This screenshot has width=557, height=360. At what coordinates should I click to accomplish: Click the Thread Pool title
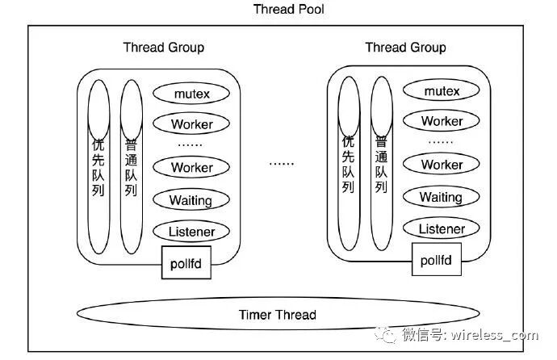(x=288, y=9)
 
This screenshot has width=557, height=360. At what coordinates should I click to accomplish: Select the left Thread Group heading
(x=164, y=48)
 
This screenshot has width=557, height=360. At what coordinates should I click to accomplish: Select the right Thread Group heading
(x=406, y=48)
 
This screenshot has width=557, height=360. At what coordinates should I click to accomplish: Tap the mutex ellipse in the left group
(x=191, y=94)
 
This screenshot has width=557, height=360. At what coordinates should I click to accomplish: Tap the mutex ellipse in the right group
(x=442, y=91)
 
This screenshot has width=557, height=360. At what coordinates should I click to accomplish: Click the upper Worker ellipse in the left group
(x=191, y=124)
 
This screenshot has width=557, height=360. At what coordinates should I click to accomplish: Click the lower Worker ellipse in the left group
(x=191, y=167)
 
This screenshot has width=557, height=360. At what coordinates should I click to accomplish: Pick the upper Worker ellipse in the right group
(x=442, y=121)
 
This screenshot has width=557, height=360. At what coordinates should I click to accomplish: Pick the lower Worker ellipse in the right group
(x=442, y=165)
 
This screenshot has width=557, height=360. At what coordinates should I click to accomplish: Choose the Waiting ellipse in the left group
(x=191, y=200)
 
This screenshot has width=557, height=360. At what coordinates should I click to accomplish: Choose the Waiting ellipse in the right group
(x=442, y=197)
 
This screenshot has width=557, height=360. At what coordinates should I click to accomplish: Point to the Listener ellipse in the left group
(x=191, y=232)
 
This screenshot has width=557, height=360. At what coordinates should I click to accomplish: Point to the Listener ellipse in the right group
(x=442, y=228)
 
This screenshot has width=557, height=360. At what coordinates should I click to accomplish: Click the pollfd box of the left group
(x=186, y=262)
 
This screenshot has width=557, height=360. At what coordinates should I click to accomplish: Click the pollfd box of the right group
(x=437, y=260)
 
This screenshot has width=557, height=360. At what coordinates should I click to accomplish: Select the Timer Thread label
(x=278, y=315)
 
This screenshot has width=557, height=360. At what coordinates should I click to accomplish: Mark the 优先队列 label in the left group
(x=98, y=167)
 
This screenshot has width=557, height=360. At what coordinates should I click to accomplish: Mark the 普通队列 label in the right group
(x=381, y=165)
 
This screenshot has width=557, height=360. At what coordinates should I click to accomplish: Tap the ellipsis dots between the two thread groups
(x=282, y=164)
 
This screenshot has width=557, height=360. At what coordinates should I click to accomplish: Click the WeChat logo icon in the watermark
(x=385, y=334)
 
